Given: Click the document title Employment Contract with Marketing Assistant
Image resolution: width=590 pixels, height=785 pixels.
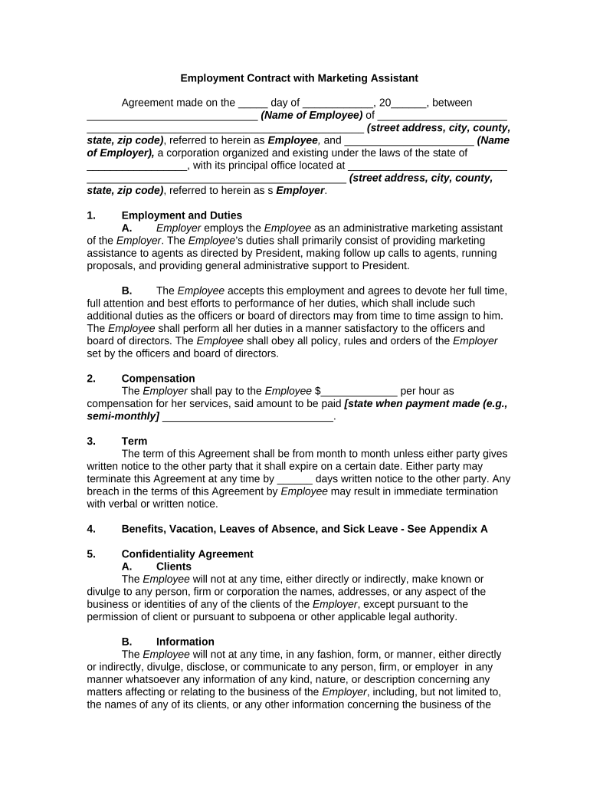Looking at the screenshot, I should click(299, 78).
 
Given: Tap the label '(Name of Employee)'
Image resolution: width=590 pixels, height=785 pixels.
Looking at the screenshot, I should click(311, 116).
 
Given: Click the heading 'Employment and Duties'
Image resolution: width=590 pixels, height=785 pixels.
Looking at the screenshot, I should click(182, 215).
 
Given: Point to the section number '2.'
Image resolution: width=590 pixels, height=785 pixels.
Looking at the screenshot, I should click(91, 379).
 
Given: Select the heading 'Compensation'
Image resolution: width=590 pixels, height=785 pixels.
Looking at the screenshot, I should click(158, 379).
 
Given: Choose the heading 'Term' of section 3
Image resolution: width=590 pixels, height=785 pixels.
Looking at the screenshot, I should click(134, 442).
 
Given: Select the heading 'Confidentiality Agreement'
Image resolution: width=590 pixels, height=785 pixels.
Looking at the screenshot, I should click(187, 554).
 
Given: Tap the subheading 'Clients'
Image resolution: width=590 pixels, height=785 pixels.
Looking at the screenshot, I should click(174, 567).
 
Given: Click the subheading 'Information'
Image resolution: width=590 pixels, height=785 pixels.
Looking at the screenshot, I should click(185, 642).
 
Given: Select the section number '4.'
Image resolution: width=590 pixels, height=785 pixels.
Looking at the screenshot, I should click(91, 529).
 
